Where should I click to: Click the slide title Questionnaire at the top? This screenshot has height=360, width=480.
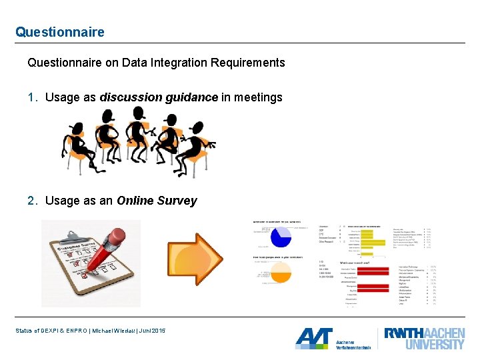click(x=60, y=32)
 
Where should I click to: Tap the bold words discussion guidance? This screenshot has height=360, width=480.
click(x=159, y=97)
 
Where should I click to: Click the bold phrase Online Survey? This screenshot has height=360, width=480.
click(x=157, y=201)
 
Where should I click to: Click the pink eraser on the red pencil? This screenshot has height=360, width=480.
click(x=117, y=236)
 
